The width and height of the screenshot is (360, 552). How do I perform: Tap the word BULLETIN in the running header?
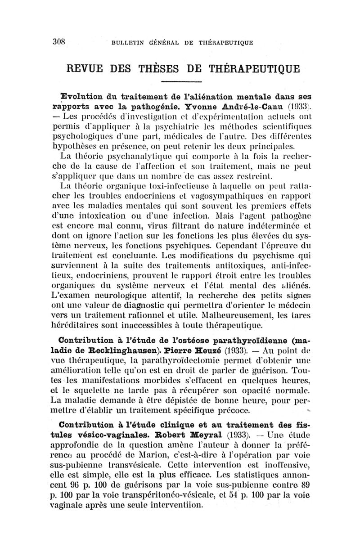(128, 43)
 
